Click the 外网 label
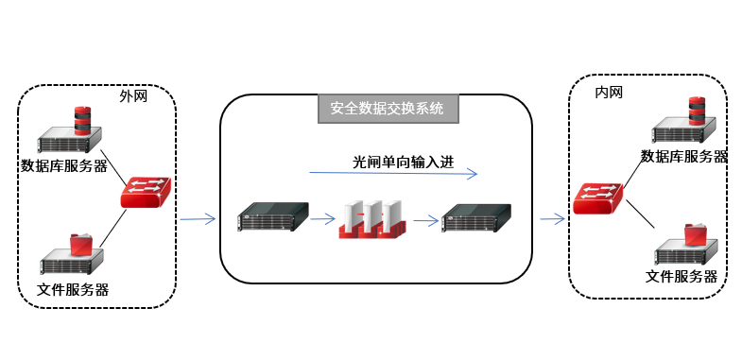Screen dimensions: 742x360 (133, 96)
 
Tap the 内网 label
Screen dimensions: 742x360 (609, 93)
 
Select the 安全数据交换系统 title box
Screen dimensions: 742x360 (388, 109)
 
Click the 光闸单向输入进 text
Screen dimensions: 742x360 (404, 163)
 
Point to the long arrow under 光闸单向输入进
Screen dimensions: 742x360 (393, 173)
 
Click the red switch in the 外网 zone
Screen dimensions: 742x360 (146, 192)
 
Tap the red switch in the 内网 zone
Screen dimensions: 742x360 (597, 198)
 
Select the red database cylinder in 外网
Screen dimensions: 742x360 (82, 121)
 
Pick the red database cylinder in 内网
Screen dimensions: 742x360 (697, 111)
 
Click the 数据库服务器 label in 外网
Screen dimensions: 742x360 (64, 166)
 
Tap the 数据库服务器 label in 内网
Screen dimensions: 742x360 (683, 156)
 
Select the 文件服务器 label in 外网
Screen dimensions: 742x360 (73, 289)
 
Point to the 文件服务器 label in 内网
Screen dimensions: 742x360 (682, 276)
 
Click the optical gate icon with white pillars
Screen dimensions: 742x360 (372, 219)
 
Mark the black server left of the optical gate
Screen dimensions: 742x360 (273, 216)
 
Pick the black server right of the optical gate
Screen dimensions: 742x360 (476, 217)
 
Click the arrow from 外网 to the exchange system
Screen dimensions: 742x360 (198, 218)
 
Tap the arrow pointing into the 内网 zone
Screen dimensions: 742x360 (553, 218)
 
